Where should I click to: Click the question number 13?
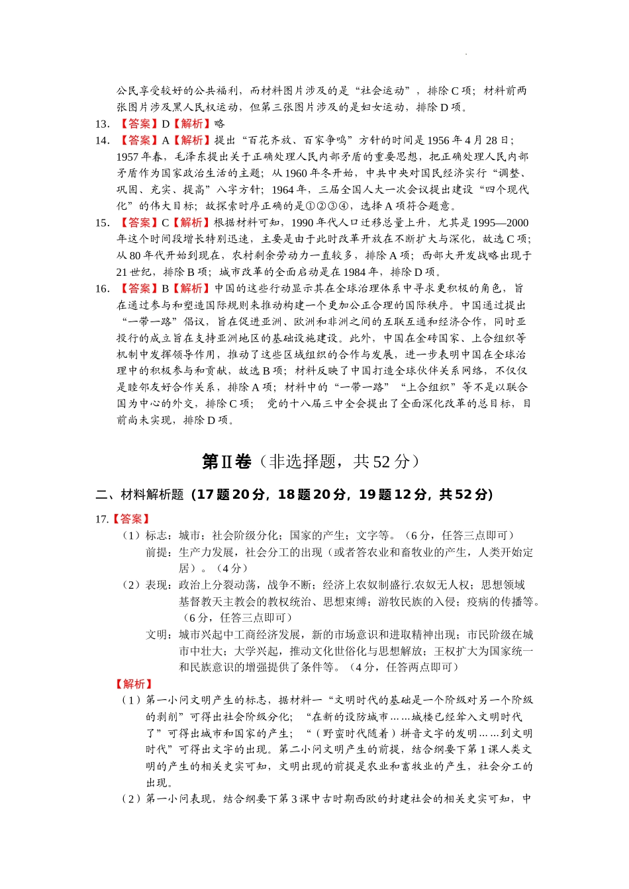103,124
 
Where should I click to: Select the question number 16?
103,288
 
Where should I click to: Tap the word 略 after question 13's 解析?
220,124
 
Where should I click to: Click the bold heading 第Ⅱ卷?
226,462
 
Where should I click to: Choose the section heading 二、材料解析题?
140,495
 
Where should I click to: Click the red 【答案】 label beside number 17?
132,519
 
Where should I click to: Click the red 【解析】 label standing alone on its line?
134,684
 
